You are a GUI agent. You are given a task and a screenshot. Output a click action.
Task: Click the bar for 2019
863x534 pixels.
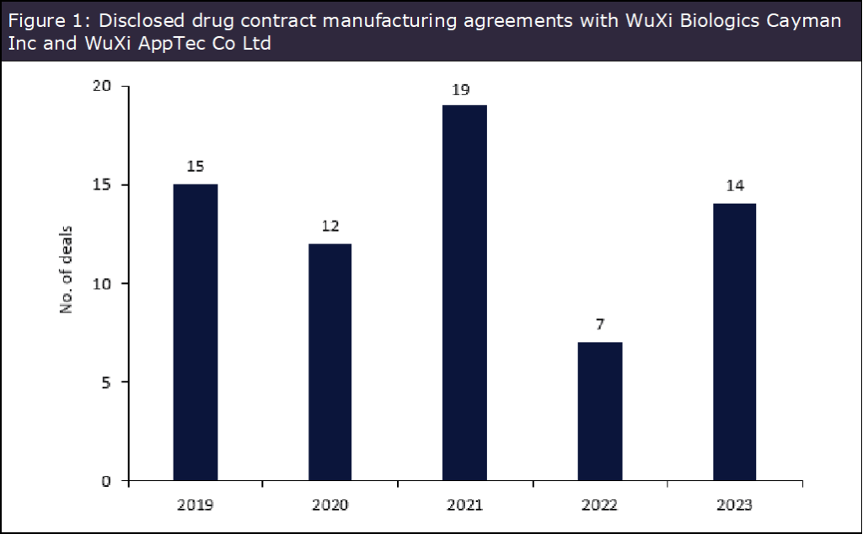(x=195, y=332)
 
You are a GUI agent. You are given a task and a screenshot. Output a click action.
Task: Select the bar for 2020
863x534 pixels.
(x=330, y=362)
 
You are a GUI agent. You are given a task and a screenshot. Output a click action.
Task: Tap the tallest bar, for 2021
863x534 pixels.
(x=464, y=293)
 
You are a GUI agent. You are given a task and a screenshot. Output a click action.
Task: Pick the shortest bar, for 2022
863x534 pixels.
(x=599, y=411)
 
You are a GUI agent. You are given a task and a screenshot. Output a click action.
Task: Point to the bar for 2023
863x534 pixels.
(x=734, y=342)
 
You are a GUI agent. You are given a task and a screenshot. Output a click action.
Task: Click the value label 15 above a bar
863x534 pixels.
(x=195, y=167)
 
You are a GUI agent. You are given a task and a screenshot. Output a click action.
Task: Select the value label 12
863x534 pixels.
(x=330, y=227)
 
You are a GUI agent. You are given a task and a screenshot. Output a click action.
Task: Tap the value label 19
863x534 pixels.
(x=460, y=88)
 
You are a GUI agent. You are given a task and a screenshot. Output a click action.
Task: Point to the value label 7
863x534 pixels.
(x=599, y=325)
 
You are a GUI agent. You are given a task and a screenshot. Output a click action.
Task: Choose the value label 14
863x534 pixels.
(x=735, y=186)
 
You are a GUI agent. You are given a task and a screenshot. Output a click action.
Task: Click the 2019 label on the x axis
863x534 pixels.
(x=195, y=505)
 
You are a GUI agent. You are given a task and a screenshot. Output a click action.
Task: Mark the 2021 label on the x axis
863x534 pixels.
(x=464, y=505)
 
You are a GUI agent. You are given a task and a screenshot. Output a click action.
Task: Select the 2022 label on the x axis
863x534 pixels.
(x=599, y=505)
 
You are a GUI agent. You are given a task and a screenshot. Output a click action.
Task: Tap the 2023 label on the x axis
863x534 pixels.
(x=734, y=505)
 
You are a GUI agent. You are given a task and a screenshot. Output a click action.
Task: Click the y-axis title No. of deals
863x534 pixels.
(x=66, y=270)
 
